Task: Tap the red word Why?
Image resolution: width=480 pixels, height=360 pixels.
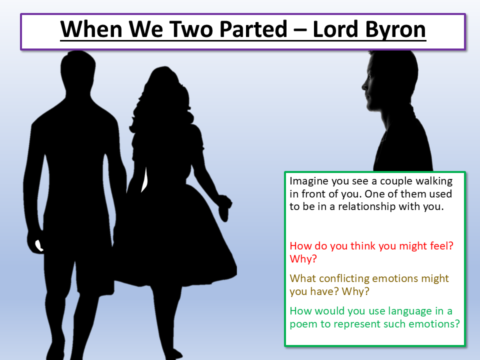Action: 303,259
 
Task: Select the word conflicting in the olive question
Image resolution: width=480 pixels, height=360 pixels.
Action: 345,278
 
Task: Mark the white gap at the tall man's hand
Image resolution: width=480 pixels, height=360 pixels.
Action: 38,245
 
